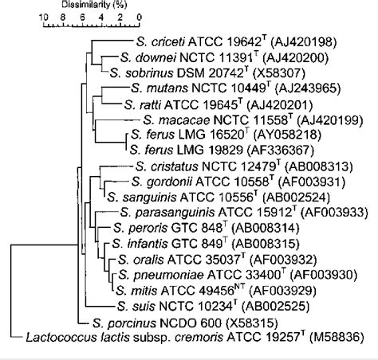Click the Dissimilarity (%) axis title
point(90,6)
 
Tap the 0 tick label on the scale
point(140,17)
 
